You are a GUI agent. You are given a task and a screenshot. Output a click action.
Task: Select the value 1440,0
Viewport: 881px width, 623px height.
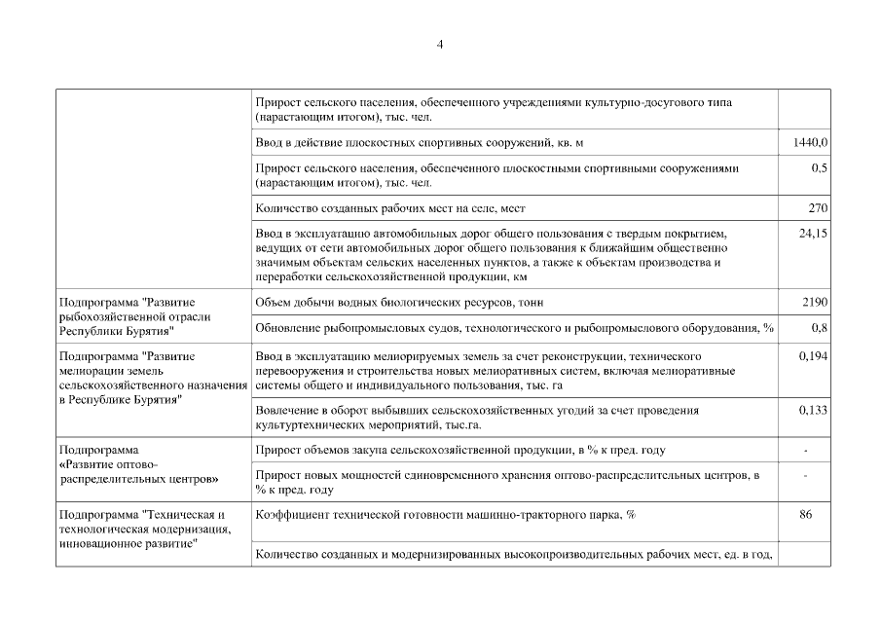pyautogui.click(x=810, y=143)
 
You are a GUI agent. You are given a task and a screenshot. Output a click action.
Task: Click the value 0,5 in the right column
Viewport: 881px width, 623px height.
pyautogui.click(x=819, y=168)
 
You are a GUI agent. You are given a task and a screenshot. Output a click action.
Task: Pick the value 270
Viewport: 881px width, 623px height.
pyautogui.click(x=818, y=208)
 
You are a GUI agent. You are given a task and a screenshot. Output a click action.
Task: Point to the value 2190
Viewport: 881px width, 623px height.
pyautogui.click(x=815, y=303)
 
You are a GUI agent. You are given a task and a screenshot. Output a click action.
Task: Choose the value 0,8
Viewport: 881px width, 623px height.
pyautogui.click(x=819, y=328)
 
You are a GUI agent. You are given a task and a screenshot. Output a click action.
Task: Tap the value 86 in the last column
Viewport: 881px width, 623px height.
pyautogui.click(x=805, y=514)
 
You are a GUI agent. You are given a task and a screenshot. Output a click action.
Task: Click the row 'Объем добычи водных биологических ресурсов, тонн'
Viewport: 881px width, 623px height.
pyautogui.click(x=398, y=303)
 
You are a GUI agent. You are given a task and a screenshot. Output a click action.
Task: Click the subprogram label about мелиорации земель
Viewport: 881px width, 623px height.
pyautogui.click(x=151, y=378)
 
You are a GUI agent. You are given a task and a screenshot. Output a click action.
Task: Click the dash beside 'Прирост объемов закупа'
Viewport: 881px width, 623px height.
pyautogui.click(x=805, y=451)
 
